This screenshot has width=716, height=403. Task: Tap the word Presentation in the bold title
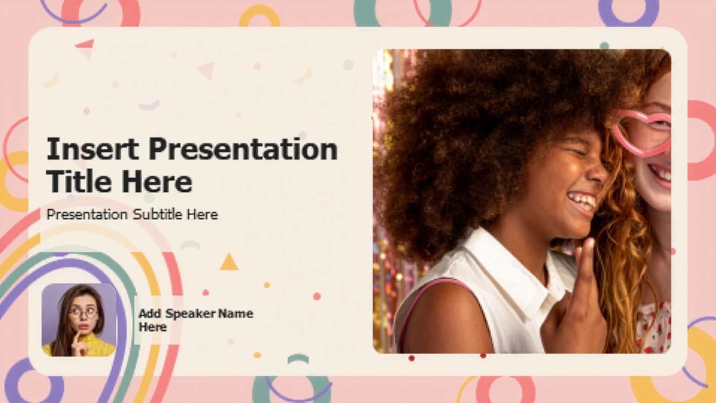243,149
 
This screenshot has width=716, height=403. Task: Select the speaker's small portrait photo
79,320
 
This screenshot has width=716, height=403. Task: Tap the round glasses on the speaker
83,312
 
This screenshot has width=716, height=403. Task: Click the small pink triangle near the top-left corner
85,44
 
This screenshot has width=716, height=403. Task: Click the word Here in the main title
157,182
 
